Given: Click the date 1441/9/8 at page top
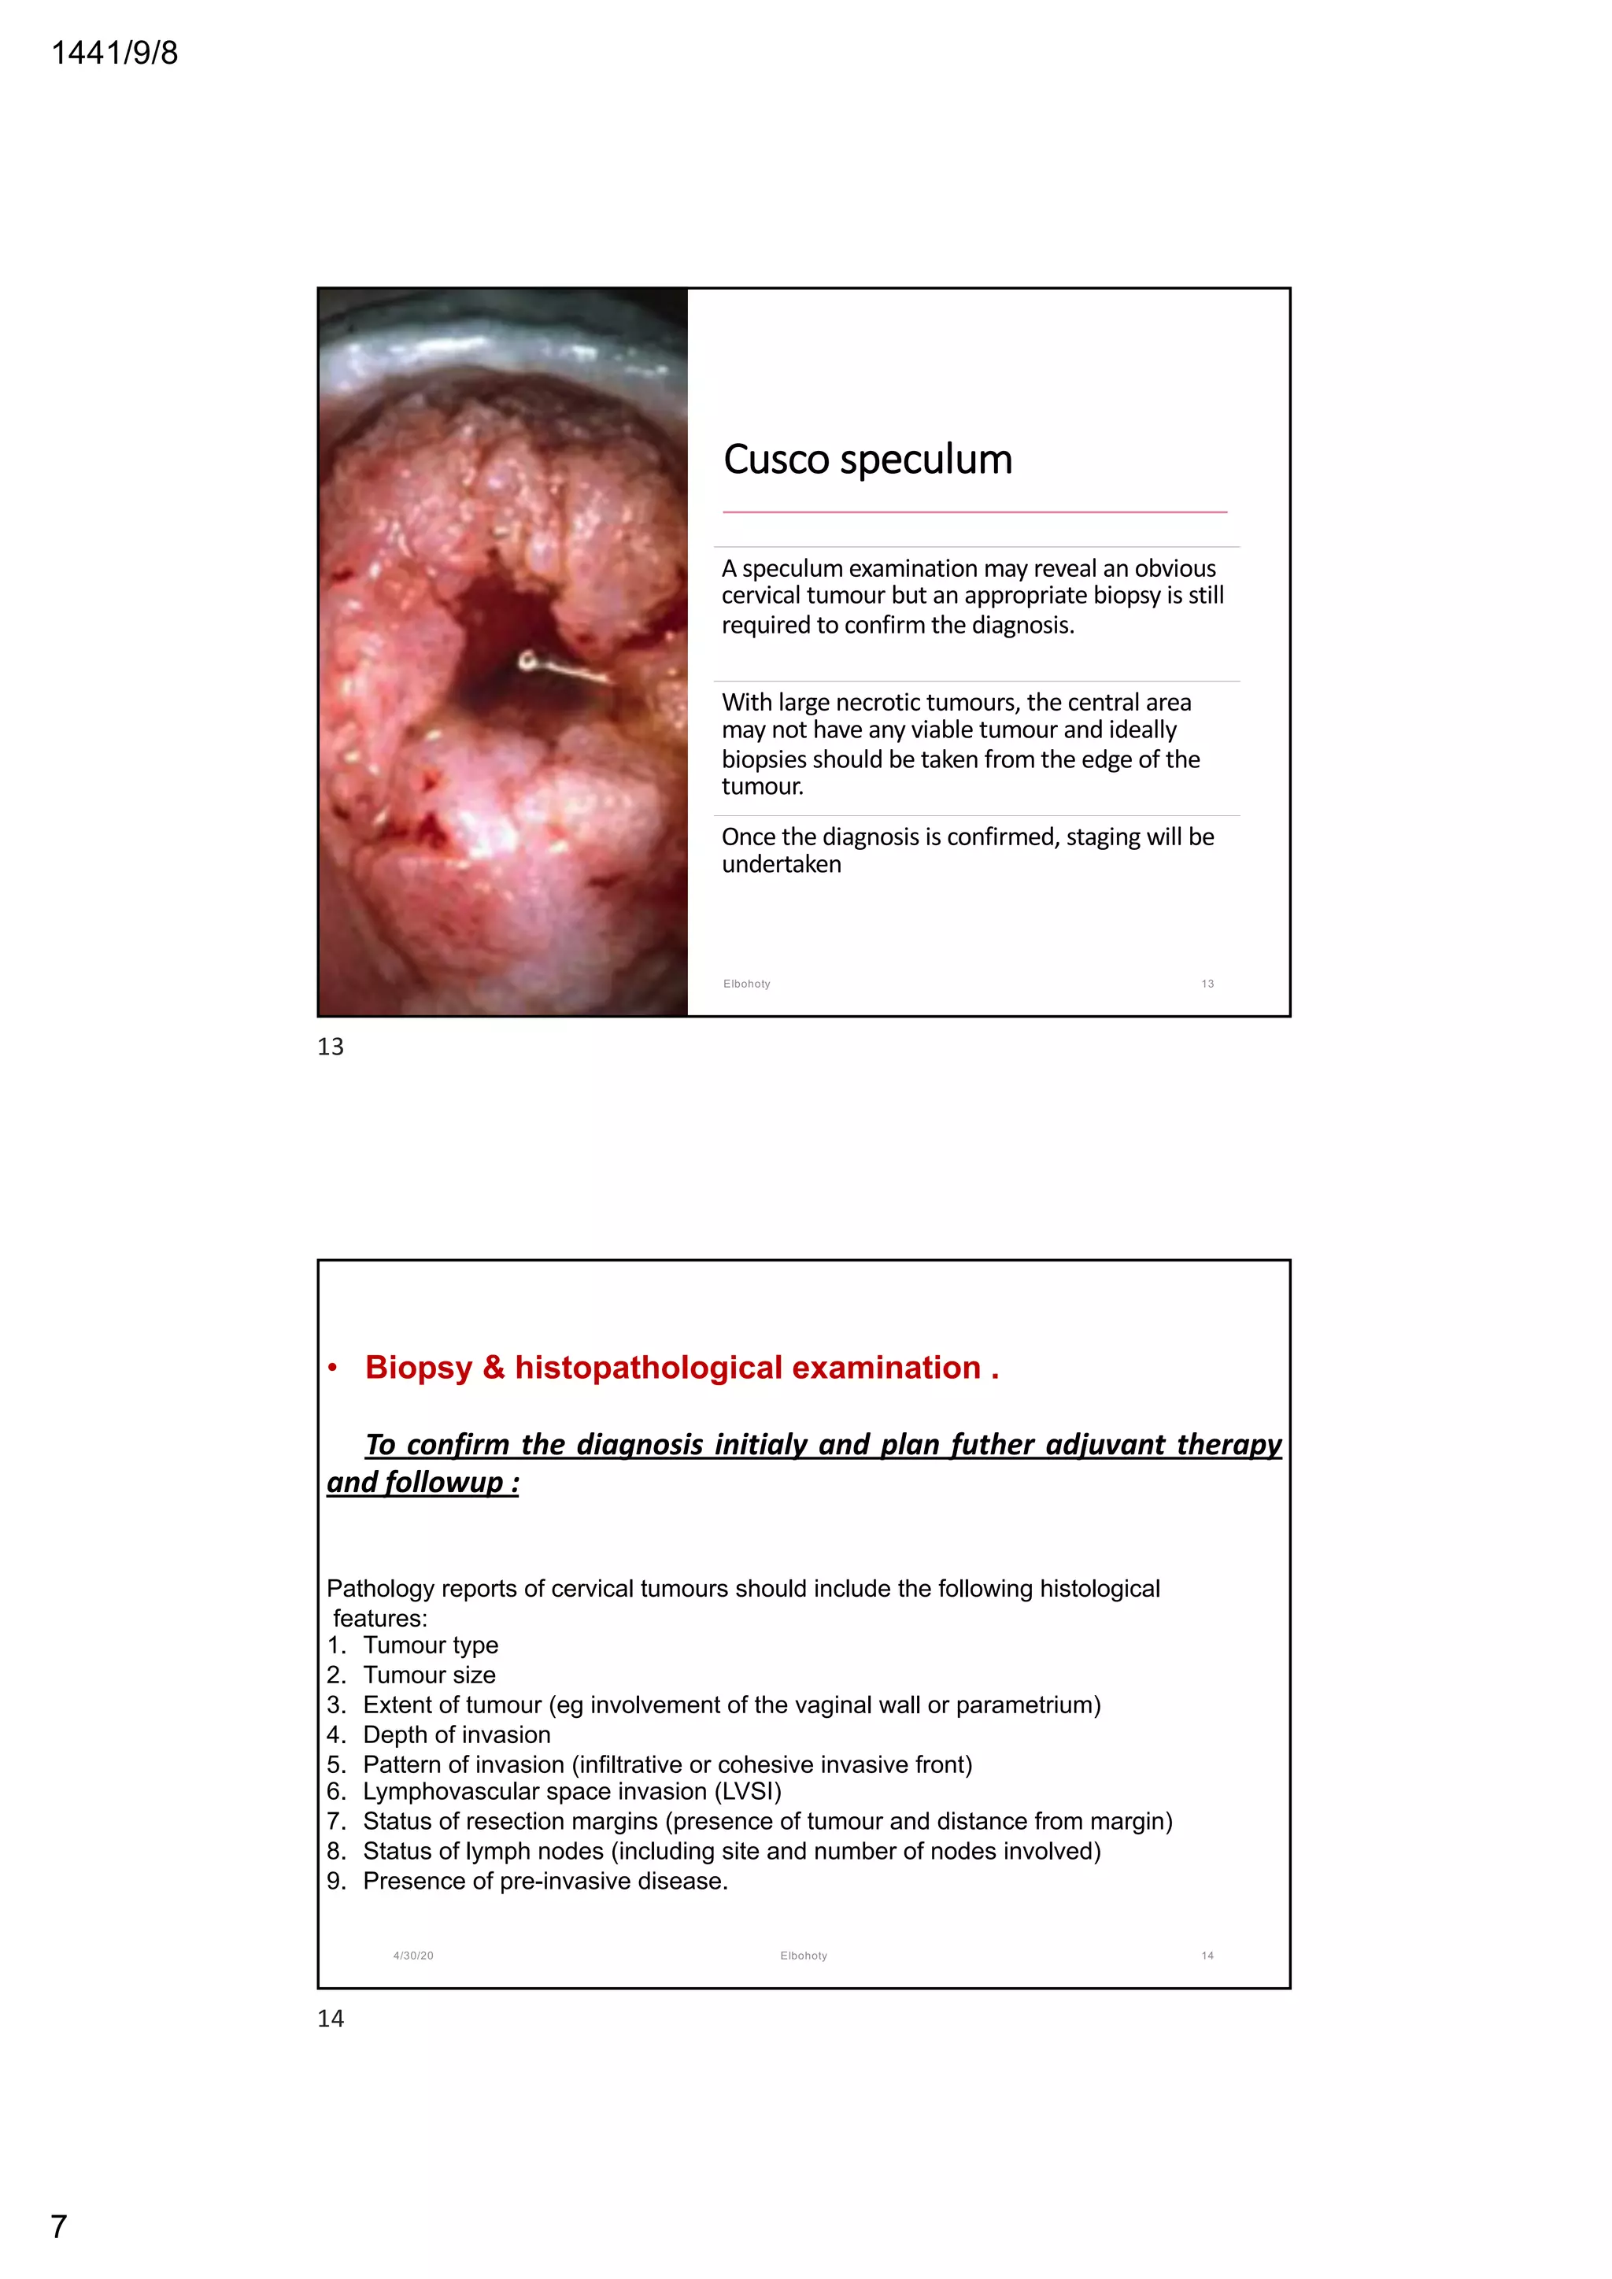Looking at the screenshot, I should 114,53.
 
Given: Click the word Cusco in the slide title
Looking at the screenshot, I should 775,460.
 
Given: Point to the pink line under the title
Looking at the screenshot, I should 974,512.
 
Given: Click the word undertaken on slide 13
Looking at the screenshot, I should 781,865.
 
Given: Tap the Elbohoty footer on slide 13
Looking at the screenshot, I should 746,984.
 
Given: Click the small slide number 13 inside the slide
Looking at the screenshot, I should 1207,984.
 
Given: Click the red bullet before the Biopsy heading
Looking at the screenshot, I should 334,1369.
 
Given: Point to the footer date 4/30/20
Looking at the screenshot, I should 413,1956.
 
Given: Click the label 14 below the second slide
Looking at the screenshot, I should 331,2018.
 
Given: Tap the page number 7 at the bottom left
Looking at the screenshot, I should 58,2227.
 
